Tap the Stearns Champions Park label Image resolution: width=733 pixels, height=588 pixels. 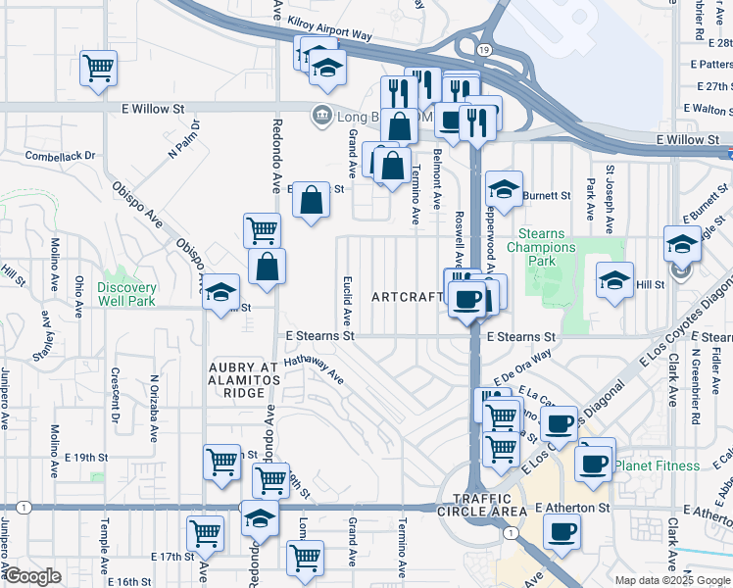541,247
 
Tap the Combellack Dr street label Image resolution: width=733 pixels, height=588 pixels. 60,156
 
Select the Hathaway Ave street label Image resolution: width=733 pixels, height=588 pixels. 314,369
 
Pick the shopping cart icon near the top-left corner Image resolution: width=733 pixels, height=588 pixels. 98,69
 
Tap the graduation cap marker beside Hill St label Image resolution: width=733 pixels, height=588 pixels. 614,280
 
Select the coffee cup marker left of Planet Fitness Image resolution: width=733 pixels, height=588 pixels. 593,462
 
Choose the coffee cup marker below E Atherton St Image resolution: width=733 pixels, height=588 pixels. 562,531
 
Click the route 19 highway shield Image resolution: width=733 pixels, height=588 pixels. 484,48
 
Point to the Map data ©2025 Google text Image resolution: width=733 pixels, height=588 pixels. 671,580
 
